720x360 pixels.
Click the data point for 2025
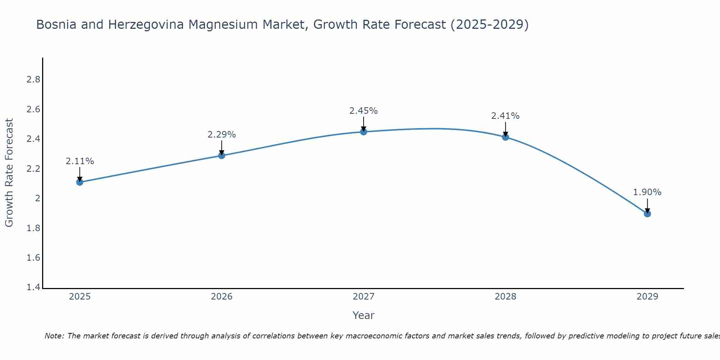coord(80,182)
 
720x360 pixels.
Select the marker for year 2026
coord(222,156)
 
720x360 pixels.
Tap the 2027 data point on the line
coord(364,132)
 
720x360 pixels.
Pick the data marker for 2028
coord(505,137)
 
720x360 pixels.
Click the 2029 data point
coord(647,214)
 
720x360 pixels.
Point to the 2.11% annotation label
coord(80,161)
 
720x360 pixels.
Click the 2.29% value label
coord(222,135)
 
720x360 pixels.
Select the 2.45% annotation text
coord(364,111)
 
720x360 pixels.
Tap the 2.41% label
coord(505,116)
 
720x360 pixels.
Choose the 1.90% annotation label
coord(647,192)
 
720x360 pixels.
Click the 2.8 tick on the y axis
coord(33,80)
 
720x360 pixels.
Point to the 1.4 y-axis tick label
coord(33,287)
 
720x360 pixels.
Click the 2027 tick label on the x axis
coord(364,297)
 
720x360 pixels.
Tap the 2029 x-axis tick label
coord(647,297)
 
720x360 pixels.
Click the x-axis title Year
coord(364,315)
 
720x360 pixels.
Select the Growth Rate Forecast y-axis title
coord(9,173)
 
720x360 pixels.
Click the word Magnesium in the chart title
coord(248,24)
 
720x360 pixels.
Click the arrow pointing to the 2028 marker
coord(505,129)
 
